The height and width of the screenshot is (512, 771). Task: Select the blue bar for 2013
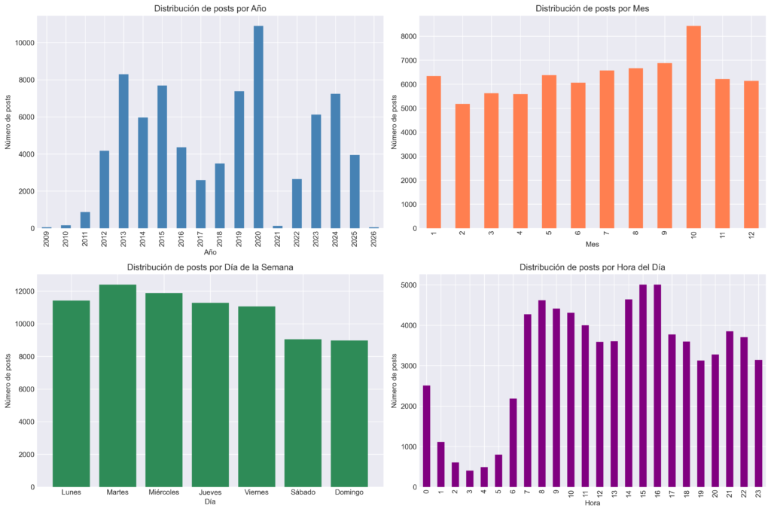[x=123, y=151]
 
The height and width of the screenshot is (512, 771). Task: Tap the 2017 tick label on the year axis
[x=201, y=240]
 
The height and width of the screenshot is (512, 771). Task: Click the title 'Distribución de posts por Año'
[x=210, y=9]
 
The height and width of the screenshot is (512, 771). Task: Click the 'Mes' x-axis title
[x=592, y=245]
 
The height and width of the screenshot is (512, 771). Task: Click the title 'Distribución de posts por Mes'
[x=592, y=9]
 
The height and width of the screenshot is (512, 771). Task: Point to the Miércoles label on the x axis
[x=164, y=492]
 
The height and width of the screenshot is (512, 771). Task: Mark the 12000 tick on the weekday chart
[x=23, y=291]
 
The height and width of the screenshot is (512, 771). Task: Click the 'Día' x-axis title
[x=210, y=501]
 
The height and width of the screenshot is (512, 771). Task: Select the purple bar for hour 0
[x=426, y=436]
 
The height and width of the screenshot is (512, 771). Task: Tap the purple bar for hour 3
[x=470, y=478]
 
